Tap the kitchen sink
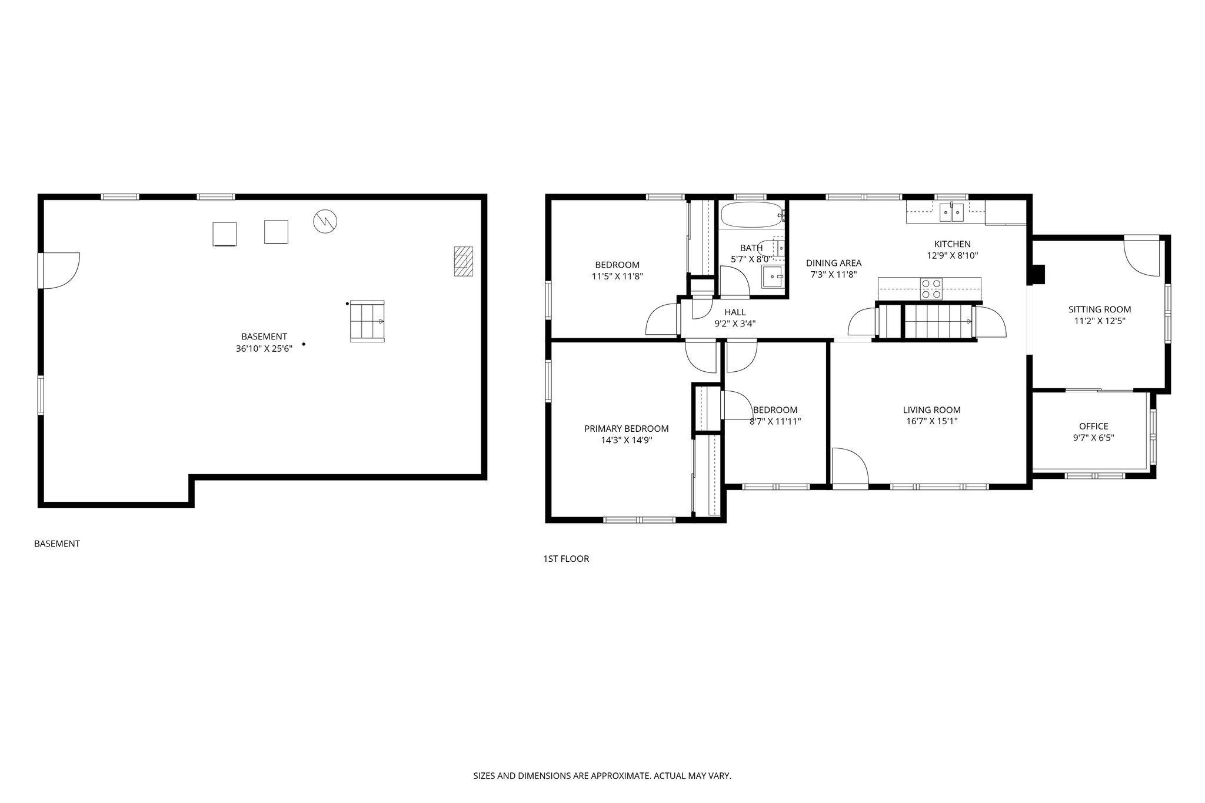(951, 212)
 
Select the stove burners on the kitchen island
(931, 289)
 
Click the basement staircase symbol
(367, 321)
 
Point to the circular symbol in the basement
(325, 221)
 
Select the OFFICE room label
(1093, 427)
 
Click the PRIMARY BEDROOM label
(626, 429)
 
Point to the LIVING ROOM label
(931, 410)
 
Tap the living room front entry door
(850, 468)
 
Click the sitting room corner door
(1141, 256)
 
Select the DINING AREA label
(833, 263)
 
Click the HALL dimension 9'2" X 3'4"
(735, 323)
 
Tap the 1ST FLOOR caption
(565, 559)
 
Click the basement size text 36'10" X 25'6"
(264, 348)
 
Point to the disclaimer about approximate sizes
(602, 776)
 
